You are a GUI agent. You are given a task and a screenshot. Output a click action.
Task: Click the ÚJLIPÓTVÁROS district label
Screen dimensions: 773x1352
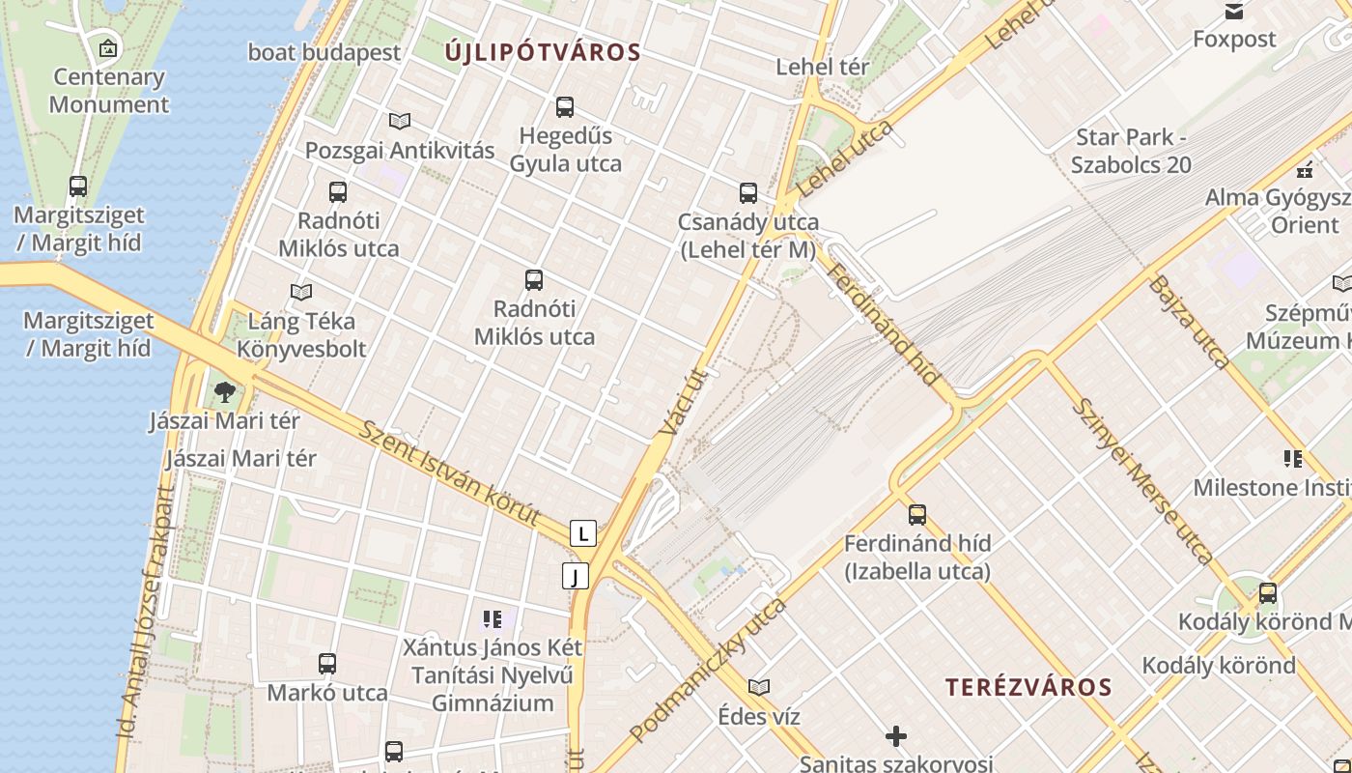coord(543,52)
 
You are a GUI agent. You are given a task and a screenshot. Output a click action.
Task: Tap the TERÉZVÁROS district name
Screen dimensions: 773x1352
coord(1028,687)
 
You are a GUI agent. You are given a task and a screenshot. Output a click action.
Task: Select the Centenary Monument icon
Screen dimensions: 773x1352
coord(108,47)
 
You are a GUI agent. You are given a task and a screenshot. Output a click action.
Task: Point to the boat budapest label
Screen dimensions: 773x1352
coord(324,52)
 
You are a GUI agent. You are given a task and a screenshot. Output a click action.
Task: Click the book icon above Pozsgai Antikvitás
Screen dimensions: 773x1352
coord(400,121)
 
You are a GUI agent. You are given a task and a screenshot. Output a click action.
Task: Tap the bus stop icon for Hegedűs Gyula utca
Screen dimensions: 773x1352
coord(565,106)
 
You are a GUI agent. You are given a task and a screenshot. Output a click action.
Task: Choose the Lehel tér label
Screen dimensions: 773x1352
coord(823,67)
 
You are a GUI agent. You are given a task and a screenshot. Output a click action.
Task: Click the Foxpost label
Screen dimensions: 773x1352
coord(1234,39)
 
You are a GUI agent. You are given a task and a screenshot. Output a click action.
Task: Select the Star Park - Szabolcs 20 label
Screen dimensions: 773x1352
coord(1131,151)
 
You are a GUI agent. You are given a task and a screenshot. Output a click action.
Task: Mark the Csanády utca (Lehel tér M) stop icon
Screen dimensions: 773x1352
coord(748,192)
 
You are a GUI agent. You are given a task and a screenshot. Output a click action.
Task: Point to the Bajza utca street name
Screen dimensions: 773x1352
coord(1190,323)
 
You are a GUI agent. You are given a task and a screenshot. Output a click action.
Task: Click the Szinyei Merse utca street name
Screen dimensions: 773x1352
coord(1143,480)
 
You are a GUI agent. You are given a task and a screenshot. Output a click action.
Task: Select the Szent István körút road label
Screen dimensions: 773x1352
coord(449,472)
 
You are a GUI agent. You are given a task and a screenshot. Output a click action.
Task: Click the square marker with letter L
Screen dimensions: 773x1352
coord(582,533)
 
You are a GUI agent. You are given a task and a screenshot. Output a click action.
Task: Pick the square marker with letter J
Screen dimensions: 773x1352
coord(576,577)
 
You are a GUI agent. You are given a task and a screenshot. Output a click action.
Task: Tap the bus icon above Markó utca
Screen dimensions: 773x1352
coord(327,664)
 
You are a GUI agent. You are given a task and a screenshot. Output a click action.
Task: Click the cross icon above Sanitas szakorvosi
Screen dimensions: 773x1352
coord(896,736)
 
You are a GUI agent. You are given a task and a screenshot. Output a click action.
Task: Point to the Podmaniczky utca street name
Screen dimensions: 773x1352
coord(708,670)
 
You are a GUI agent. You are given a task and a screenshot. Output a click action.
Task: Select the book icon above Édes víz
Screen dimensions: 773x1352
coord(759,687)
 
